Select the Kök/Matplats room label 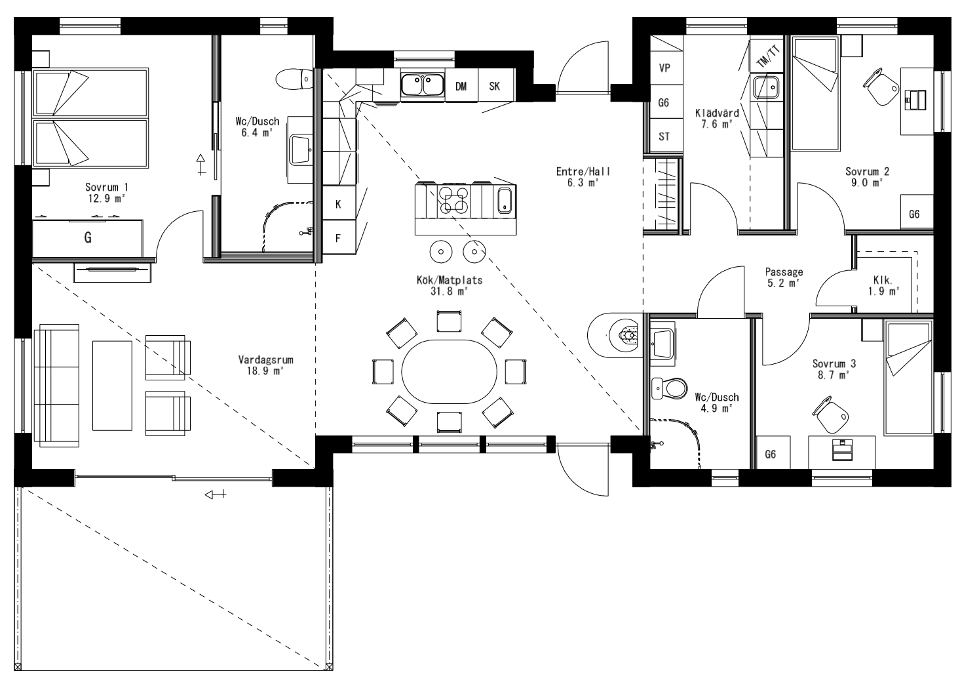tap(450, 286)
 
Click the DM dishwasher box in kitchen tap(461, 86)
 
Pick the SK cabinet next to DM tap(495, 86)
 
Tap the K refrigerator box tap(338, 204)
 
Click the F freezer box tap(338, 238)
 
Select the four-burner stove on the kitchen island tap(453, 200)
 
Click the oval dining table tap(450, 374)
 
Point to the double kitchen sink tap(422, 85)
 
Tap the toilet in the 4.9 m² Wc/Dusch tap(668, 388)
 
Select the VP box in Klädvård tap(664, 68)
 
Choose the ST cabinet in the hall tap(664, 137)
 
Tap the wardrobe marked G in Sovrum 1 tap(88, 238)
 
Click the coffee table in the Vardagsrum tap(112, 385)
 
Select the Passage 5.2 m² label tap(784, 277)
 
